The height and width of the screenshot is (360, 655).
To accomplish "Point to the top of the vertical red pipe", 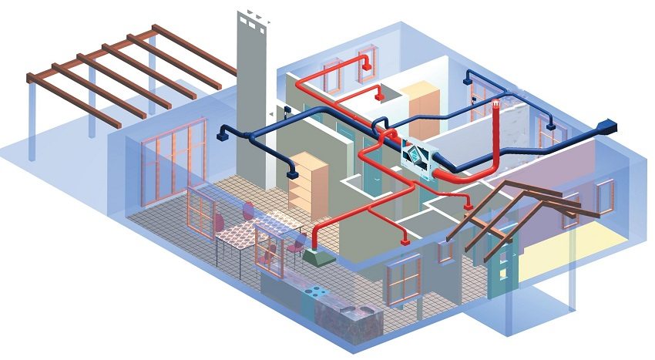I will click(x=496, y=103).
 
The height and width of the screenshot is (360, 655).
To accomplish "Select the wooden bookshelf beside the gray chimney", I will click(x=307, y=184).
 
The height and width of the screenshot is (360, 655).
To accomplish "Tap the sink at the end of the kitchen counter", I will click(x=359, y=311).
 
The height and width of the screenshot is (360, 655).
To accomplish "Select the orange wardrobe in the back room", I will click(x=422, y=109).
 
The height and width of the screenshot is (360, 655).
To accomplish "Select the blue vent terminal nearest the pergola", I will click(x=221, y=137).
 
